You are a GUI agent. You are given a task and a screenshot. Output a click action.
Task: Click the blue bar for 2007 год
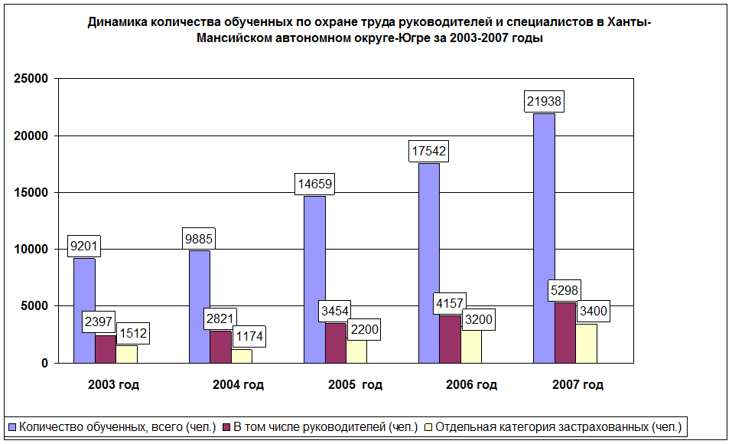[544, 237]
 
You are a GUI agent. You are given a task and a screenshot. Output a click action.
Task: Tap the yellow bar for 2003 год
[126, 354]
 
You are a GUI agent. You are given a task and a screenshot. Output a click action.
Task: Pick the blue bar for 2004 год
[199, 306]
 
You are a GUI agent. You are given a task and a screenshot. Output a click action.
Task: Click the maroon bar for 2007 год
[565, 333]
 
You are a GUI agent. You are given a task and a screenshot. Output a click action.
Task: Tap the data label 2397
[99, 322]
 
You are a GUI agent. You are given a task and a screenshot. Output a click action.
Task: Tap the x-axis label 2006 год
[471, 385]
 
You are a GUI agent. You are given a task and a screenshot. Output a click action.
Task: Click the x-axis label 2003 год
[113, 385]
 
